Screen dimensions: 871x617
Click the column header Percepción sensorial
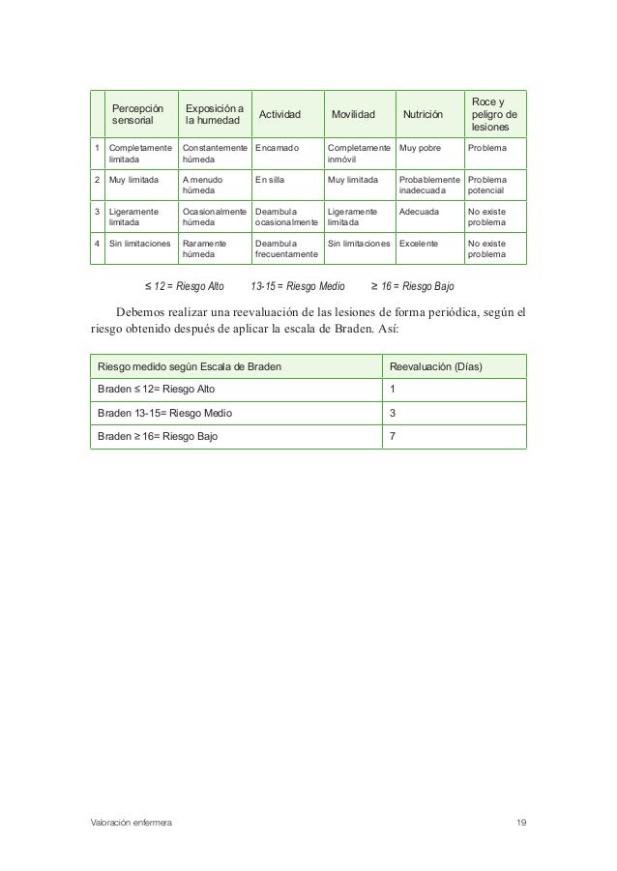pyautogui.click(x=137, y=115)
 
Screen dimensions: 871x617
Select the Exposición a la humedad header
pyautogui.click(x=214, y=115)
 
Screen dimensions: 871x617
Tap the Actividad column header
pyautogui.click(x=278, y=115)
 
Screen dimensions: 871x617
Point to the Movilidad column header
pyautogui.click(x=352, y=115)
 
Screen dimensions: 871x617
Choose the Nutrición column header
pyautogui.click(x=423, y=115)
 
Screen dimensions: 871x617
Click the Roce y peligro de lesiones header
pyautogui.click(x=493, y=114)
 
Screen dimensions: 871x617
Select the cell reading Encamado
pyautogui.click(x=278, y=149)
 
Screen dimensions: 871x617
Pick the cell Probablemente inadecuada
pyautogui.click(x=429, y=186)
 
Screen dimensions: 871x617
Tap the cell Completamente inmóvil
pyautogui.click(x=359, y=155)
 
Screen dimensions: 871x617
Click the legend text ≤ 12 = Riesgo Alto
pyautogui.click(x=184, y=287)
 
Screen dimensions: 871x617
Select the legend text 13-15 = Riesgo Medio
pyautogui.click(x=297, y=287)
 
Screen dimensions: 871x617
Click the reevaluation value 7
pyautogui.click(x=392, y=436)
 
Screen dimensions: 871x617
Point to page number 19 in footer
pyautogui.click(x=521, y=822)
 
